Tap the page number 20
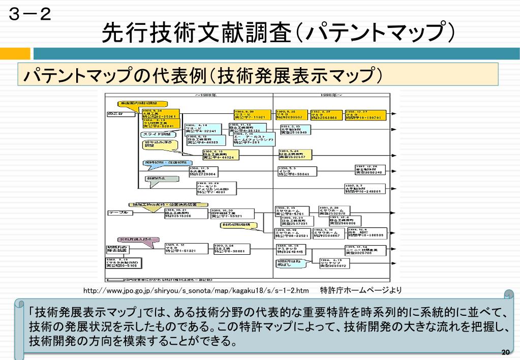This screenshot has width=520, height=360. pos(505,352)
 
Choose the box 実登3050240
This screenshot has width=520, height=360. pos(369,170)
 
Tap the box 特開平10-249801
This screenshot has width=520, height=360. pos(365,189)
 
